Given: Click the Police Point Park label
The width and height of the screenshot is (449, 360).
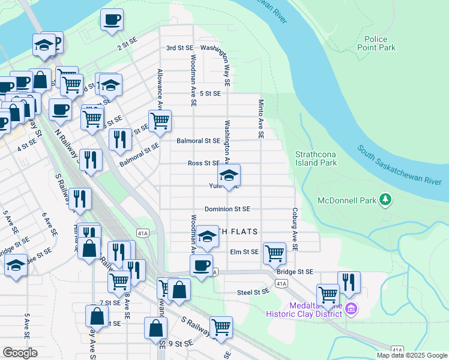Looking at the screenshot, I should coord(376,43).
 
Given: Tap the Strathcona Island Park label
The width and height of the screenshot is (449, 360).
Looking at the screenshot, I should coord(316,158).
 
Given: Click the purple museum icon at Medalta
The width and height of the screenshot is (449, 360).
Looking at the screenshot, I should coord(352,310).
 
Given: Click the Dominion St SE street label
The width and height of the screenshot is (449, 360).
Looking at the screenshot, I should coord(227,209).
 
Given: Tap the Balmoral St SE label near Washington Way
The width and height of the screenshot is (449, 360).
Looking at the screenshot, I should coord(198,141).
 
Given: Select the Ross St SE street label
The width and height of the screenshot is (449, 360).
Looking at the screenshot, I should coord(203,163).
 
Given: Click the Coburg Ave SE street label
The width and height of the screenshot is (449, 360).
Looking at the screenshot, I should coord(295,230).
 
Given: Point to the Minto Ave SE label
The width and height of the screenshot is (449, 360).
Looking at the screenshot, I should coord(261,119).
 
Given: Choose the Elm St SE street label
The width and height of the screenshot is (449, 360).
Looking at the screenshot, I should coord(244,252).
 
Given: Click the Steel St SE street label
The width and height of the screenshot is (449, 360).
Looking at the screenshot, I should coord(253,292).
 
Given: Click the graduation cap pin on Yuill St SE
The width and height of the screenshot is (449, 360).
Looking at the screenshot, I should coord(228,175).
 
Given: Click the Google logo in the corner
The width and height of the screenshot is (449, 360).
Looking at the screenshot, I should coord(20,353).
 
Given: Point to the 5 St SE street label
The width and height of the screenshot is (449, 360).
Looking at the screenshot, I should coord(211,94).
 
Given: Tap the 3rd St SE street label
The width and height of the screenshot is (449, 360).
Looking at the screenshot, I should coord(179,47).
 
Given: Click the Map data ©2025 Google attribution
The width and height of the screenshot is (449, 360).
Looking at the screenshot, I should coord(411,355).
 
